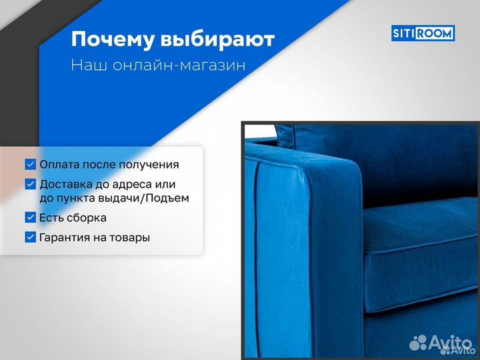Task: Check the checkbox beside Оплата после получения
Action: (31, 164)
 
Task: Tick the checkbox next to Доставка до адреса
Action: (31, 184)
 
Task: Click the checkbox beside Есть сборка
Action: (31, 217)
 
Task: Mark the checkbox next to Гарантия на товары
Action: (31, 237)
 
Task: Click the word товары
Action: (130, 237)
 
